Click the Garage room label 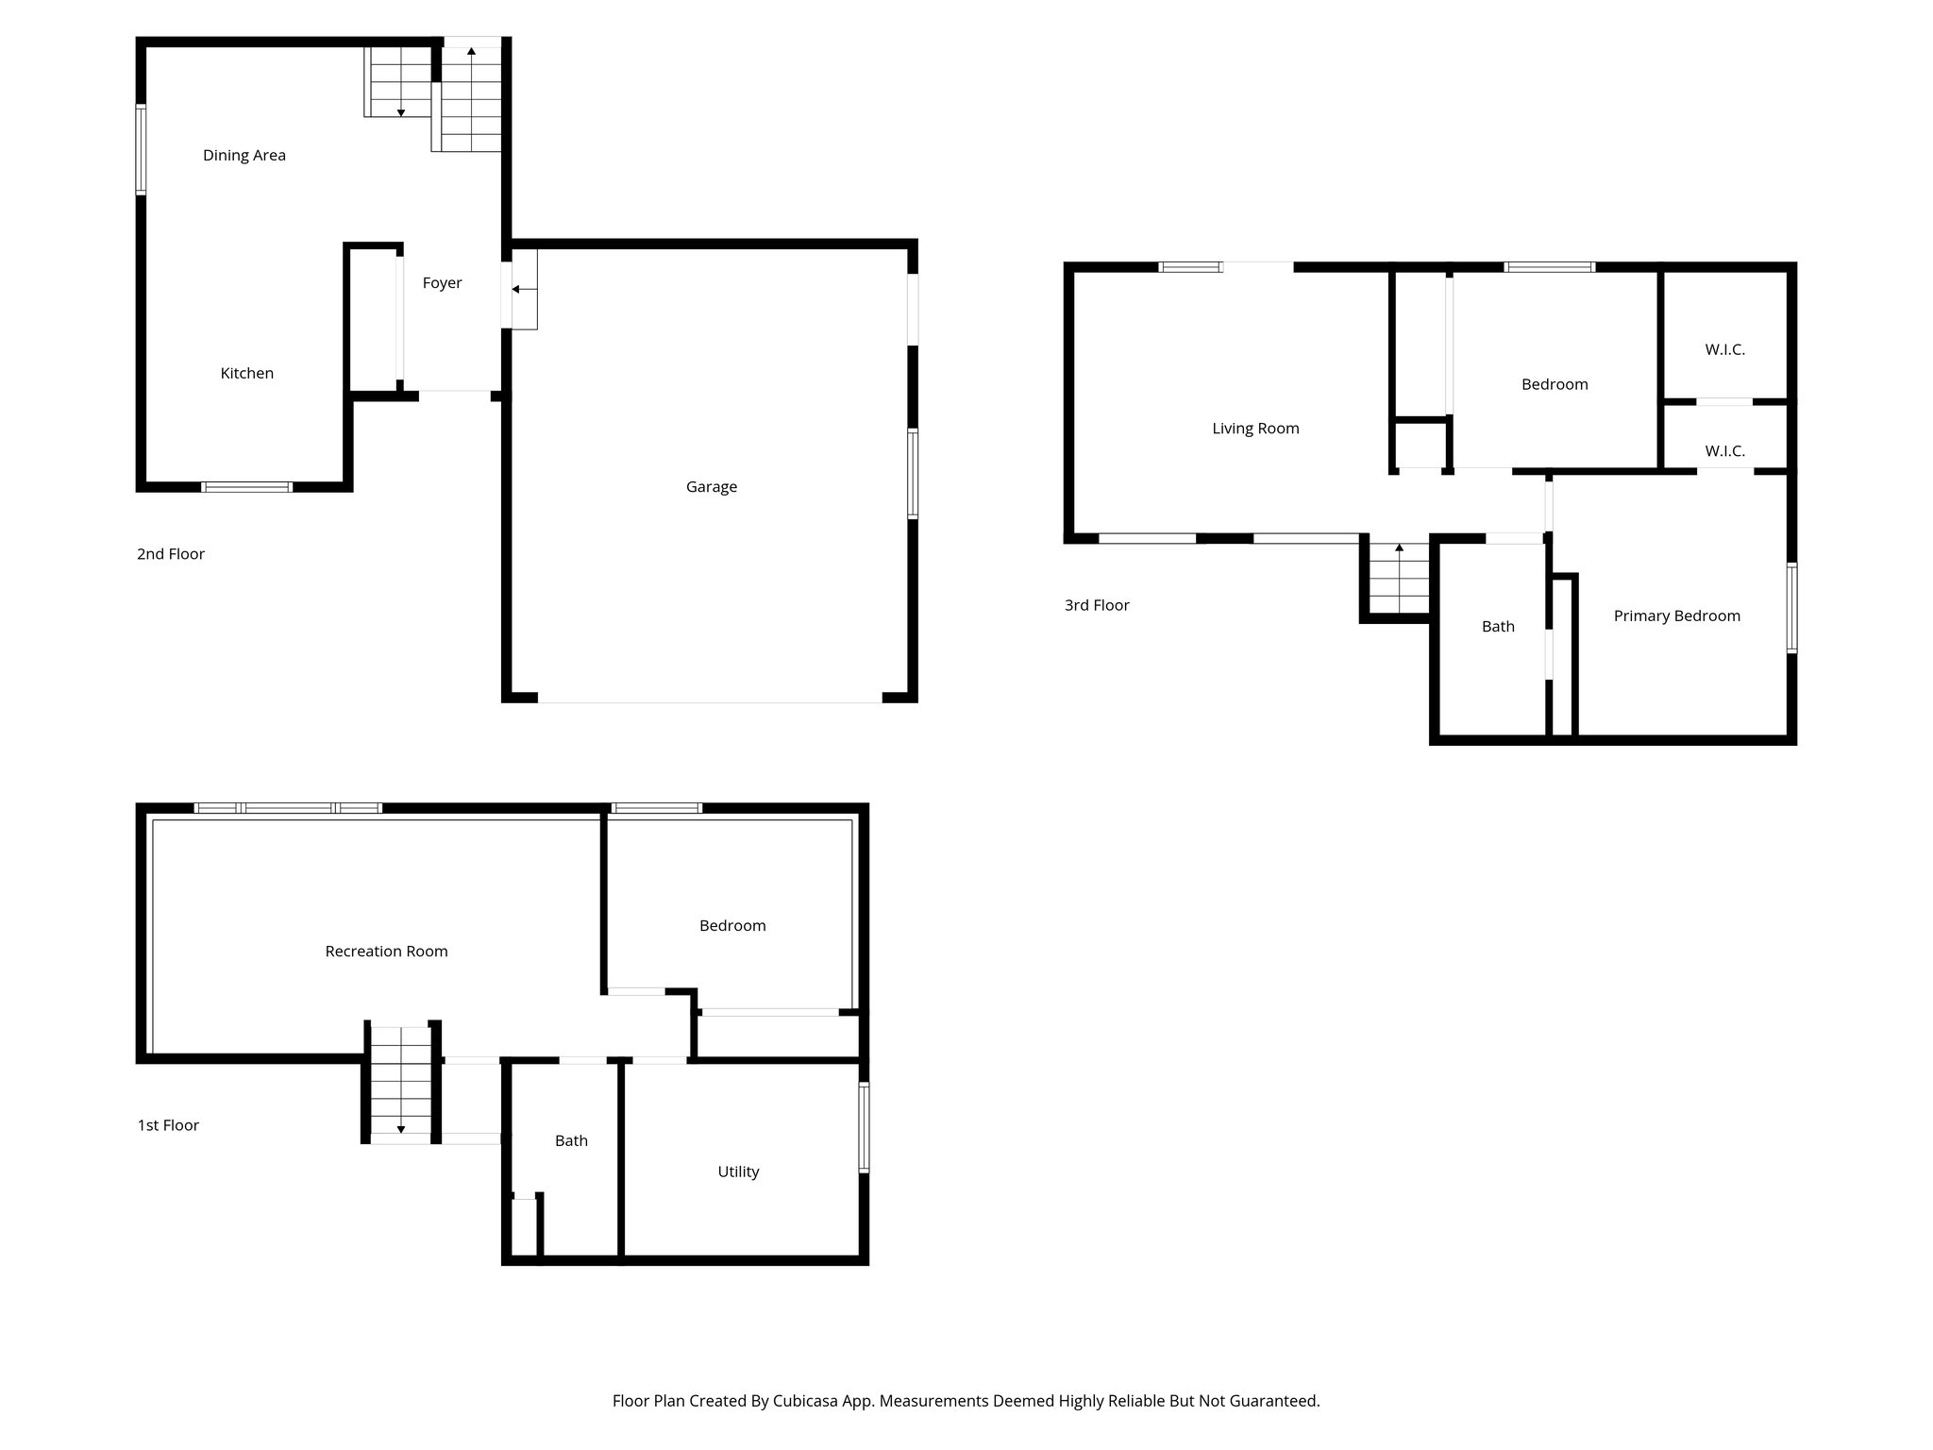[711, 487]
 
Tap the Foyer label [442, 283]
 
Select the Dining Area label [244, 156]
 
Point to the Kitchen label [246, 374]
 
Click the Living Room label [1255, 429]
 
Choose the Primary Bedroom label [1676, 616]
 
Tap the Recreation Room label [386, 952]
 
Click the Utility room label [738, 1172]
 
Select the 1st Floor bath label [571, 1141]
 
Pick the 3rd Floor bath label [1498, 627]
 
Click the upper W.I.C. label [1724, 350]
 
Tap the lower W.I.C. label [1724, 452]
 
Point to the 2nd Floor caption [171, 554]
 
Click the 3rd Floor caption [1097, 605]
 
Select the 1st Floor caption [168, 1125]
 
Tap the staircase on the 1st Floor [400, 1082]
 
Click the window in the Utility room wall [864, 1127]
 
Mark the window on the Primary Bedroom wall [1790, 608]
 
